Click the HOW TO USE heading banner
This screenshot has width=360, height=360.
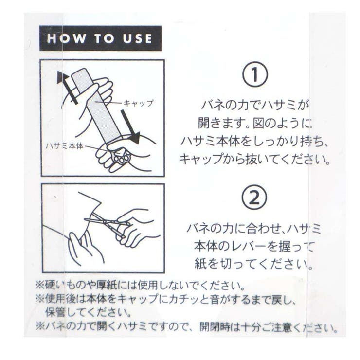(x=100, y=38)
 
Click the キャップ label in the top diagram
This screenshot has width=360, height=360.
(x=138, y=103)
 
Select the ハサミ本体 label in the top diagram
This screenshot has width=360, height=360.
(x=65, y=146)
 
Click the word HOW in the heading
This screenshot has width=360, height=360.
(x=66, y=38)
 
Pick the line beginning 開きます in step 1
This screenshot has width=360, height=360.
(x=255, y=123)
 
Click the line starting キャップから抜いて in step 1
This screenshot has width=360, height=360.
(x=254, y=159)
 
